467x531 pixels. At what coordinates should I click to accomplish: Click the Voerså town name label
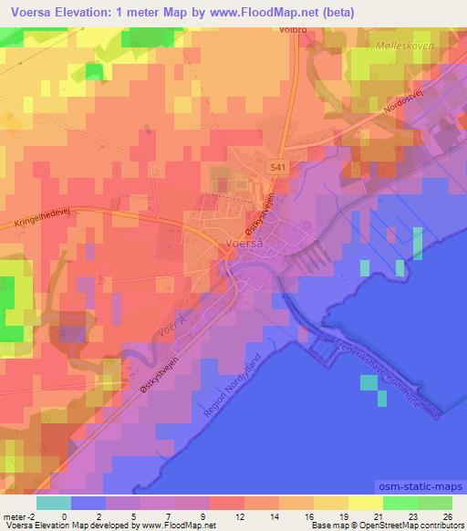coord(244,242)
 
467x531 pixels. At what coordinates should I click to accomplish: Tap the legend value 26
coord(448,515)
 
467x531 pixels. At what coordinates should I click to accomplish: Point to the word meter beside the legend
coord(13,515)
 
